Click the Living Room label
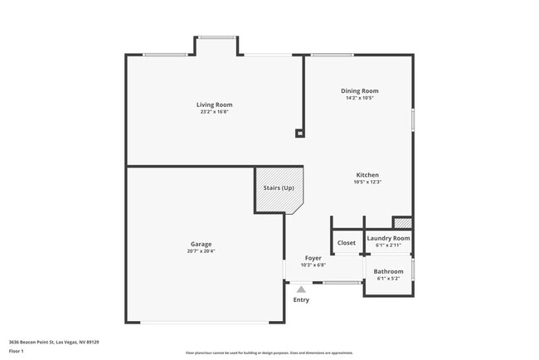click(214, 105)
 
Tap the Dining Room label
click(360, 90)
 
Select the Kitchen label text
click(367, 175)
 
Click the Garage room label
click(201, 244)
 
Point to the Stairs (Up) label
click(279, 188)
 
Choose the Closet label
click(347, 243)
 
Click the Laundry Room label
click(388, 238)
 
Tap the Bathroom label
click(388, 271)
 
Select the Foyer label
click(313, 258)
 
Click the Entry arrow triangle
click(301, 289)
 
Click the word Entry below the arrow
click(301, 299)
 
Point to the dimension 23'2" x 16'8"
click(214, 112)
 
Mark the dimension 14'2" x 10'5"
click(360, 98)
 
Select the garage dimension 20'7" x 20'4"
click(201, 251)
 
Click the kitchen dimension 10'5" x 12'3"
click(367, 182)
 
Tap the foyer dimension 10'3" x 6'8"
click(313, 265)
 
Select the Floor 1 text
click(17, 351)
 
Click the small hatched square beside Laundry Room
click(402, 222)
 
